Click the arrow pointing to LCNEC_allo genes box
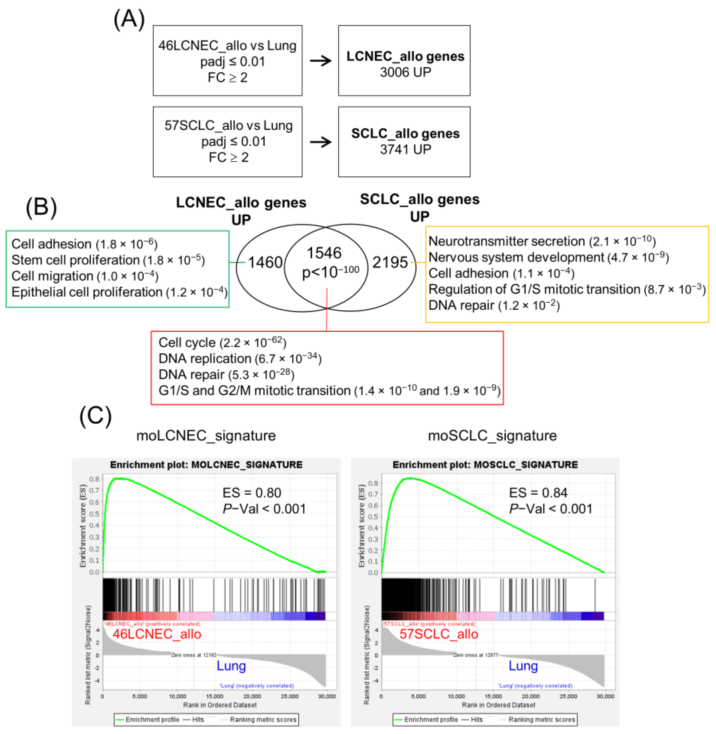click(321, 61)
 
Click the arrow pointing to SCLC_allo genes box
click(321, 142)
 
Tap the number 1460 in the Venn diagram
click(265, 262)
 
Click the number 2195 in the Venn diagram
click(390, 262)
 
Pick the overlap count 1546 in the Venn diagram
click(324, 253)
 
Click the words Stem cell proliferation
click(75, 260)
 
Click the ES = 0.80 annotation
click(252, 492)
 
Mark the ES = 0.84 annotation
click(538, 492)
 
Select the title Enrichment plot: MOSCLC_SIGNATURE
click(485, 465)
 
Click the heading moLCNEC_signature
click(206, 435)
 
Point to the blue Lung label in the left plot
click(231, 666)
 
